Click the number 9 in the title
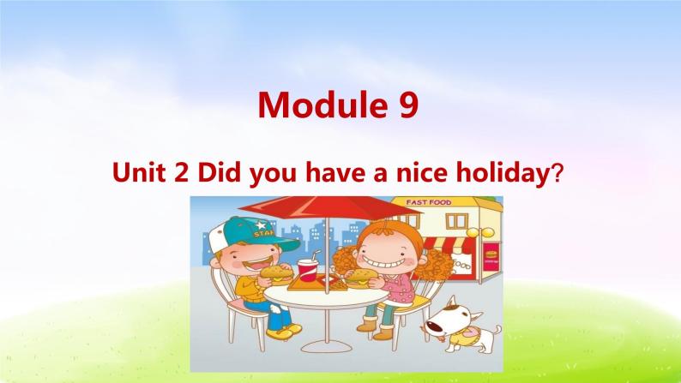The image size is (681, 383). click(x=407, y=105)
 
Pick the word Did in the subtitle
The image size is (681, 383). click(x=220, y=175)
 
